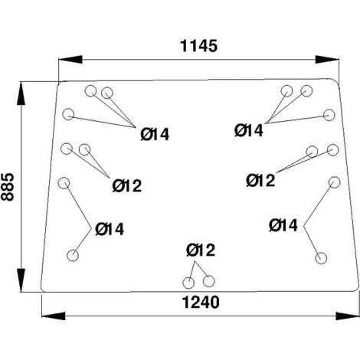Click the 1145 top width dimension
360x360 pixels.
[x=199, y=46]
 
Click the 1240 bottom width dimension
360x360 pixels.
[x=201, y=303]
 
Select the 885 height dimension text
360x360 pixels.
[x=8, y=187]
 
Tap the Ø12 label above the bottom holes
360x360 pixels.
[x=201, y=250]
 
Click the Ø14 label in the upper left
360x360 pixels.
[x=155, y=134]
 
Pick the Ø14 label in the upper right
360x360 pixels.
[x=249, y=130]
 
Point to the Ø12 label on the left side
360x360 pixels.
[x=127, y=185]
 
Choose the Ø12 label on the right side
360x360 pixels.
[x=260, y=180]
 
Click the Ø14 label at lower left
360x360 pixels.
[x=110, y=229]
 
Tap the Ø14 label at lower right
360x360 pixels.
[x=283, y=225]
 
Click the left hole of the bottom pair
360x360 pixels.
[x=188, y=283]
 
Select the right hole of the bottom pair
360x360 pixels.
[x=208, y=281]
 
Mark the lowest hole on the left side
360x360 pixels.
[x=73, y=256]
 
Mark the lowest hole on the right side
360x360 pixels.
[x=321, y=258]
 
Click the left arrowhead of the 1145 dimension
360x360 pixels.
[x=70, y=59]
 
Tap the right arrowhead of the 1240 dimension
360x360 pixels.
[x=348, y=316]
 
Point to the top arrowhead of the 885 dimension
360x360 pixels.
[x=21, y=93]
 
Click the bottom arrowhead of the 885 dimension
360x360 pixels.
[x=21, y=280]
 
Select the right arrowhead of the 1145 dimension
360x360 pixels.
[x=327, y=59]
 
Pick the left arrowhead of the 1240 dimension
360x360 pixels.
[x=54, y=316]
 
